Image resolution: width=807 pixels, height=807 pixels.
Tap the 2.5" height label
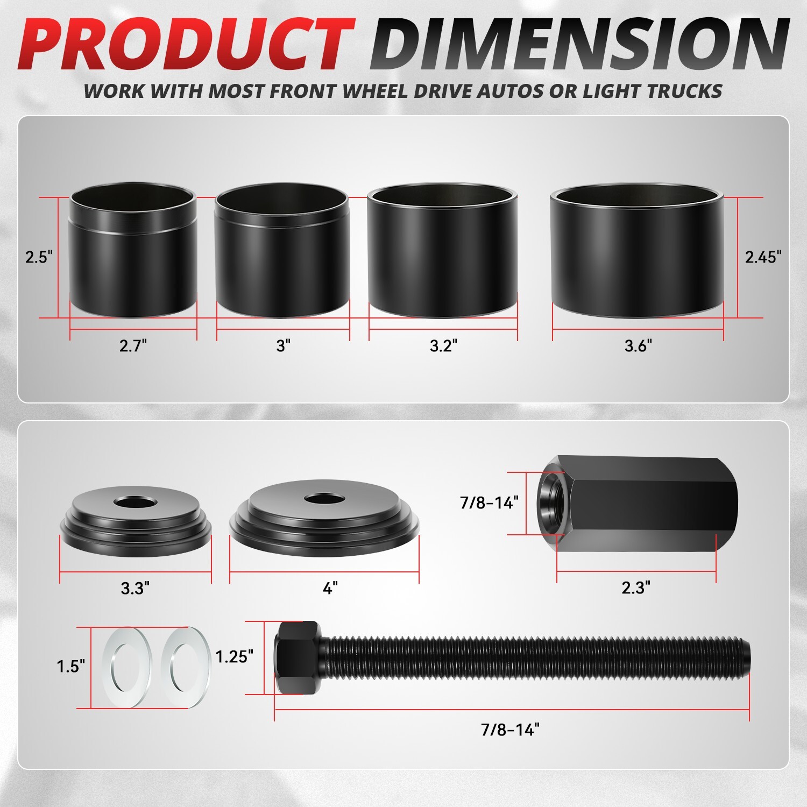[x=40, y=257]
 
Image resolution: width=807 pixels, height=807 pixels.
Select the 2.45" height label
[x=763, y=257]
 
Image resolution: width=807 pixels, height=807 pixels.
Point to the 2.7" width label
[x=133, y=345]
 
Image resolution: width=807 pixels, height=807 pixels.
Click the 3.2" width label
[x=443, y=345]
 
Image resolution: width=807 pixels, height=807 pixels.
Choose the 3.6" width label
[x=638, y=345]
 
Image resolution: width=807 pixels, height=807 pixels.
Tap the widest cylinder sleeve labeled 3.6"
[x=637, y=251]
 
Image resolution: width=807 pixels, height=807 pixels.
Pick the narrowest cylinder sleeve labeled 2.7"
[x=133, y=251]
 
